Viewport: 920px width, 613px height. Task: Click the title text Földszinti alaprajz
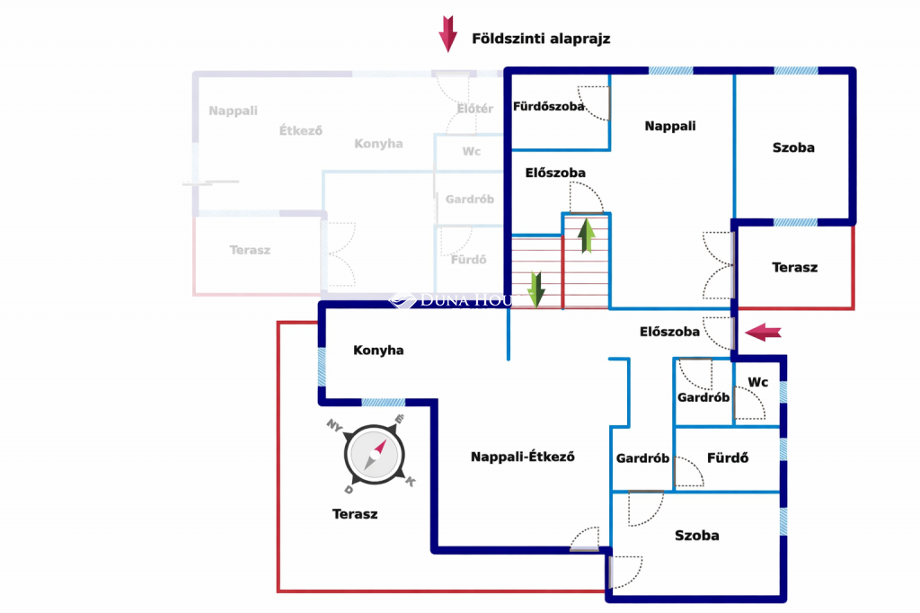tap(541, 39)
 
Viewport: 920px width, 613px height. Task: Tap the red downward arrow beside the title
tap(447, 33)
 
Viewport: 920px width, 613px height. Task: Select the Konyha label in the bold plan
tap(378, 351)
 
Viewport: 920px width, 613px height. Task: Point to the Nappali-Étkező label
tap(523, 457)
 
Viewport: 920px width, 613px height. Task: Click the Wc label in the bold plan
tap(758, 382)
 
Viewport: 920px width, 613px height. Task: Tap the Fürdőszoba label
tap(548, 106)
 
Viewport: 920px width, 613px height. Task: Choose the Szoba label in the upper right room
tap(793, 147)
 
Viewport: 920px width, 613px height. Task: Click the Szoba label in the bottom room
tap(696, 536)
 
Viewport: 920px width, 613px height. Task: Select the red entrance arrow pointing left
tap(764, 333)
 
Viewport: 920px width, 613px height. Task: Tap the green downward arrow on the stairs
tap(535, 289)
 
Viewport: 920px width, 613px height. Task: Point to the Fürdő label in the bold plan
tap(728, 458)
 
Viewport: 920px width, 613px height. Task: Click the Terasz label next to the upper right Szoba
tap(794, 267)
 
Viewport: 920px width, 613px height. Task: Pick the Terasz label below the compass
tap(355, 514)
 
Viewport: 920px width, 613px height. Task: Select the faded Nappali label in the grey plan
tap(233, 111)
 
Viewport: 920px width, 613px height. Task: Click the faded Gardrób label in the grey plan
tap(469, 200)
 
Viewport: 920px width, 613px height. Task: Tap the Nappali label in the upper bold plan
tap(670, 127)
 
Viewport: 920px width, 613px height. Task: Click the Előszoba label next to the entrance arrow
tap(669, 332)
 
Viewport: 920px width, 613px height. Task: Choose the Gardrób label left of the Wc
tap(703, 397)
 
